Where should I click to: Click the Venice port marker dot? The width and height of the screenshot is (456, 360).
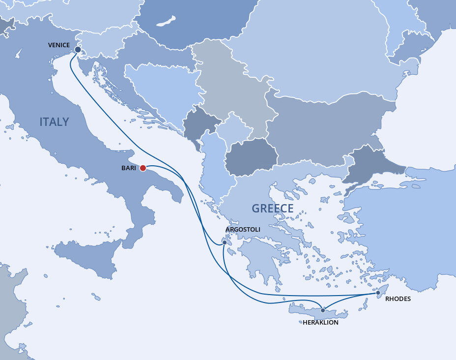click(78, 49)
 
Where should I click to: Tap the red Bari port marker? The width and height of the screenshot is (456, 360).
click(143, 168)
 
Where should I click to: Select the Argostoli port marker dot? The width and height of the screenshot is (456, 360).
click(225, 242)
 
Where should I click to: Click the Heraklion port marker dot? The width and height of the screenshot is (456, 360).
click(322, 310)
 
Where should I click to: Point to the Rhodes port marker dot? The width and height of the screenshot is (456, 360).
click(378, 293)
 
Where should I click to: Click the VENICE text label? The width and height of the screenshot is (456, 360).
click(59, 45)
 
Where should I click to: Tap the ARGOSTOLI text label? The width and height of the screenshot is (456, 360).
click(243, 230)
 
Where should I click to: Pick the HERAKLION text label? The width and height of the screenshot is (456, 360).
click(321, 323)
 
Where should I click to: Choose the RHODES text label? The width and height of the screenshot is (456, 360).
click(398, 299)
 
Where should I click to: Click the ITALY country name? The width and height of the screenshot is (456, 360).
click(54, 122)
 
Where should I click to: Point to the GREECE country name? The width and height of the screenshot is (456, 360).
click(272, 209)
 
